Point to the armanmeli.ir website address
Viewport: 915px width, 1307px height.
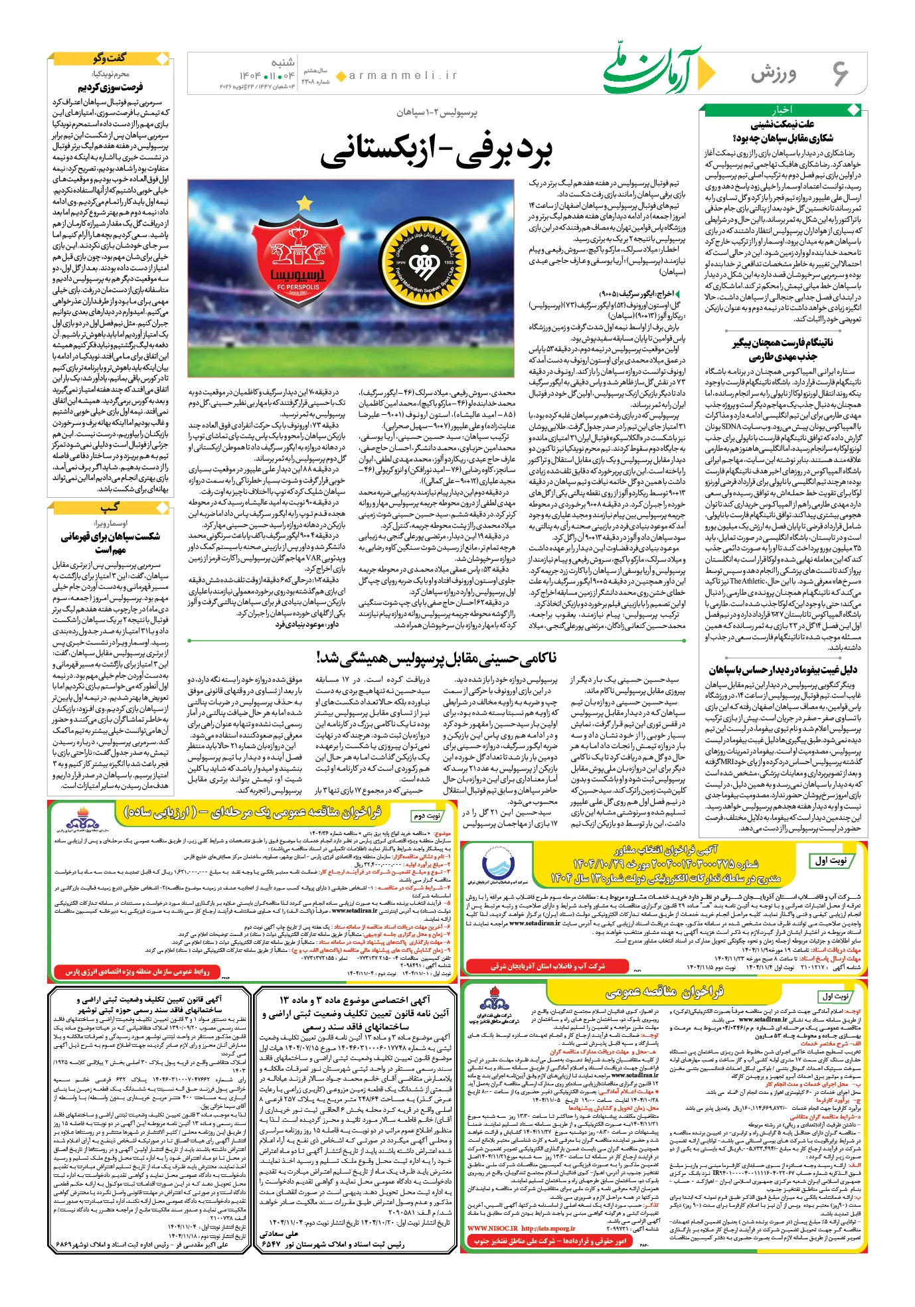pyautogui.click(x=404, y=76)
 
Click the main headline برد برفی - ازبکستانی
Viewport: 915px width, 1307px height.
pyautogui.click(x=436, y=152)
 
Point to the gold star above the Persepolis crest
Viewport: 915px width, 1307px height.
pyautogui.click(x=304, y=202)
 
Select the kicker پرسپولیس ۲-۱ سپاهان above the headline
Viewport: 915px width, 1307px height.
pyautogui.click(x=436, y=113)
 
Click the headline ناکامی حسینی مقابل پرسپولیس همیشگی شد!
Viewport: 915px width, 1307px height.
pyautogui.click(x=437, y=657)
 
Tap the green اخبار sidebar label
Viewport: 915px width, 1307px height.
pyautogui.click(x=782, y=110)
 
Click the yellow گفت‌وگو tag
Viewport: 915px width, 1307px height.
pyautogui.click(x=109, y=58)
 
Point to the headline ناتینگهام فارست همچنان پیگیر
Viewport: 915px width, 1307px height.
pyautogui.click(x=783, y=343)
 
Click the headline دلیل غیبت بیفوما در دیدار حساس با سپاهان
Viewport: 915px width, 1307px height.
pyautogui.click(x=783, y=669)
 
